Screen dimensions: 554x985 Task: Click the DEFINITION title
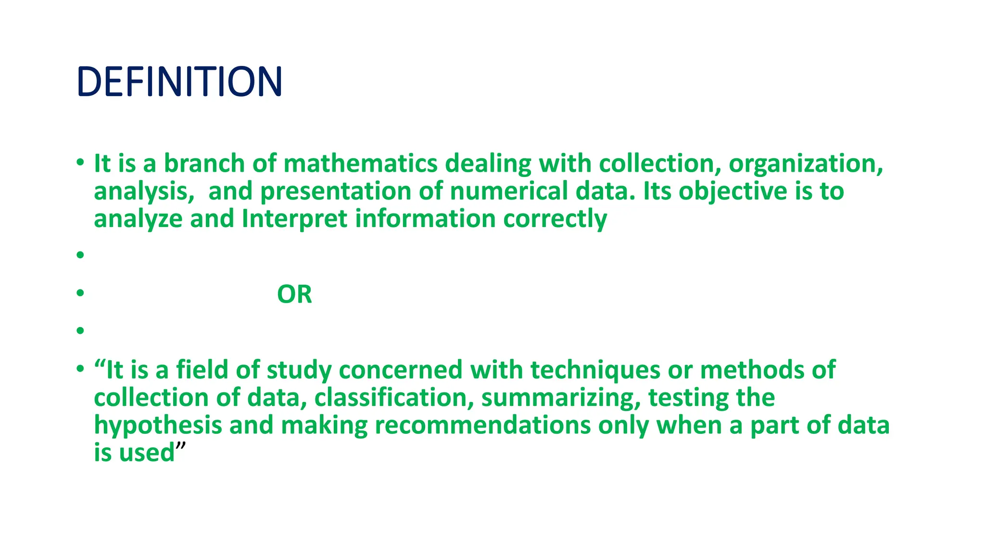pyautogui.click(x=179, y=81)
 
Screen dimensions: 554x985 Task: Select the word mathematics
pyautogui.click(x=360, y=164)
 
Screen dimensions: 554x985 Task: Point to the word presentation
pyautogui.click(x=335, y=191)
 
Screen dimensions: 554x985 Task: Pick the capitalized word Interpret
pyautogui.click(x=294, y=219)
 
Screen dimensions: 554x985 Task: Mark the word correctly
pyautogui.click(x=555, y=219)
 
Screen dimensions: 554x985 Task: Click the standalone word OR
pyautogui.click(x=294, y=294)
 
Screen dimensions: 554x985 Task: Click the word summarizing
pyautogui.click(x=561, y=398)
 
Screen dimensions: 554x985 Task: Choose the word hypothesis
pyautogui.click(x=157, y=426)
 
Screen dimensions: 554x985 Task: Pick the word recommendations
pyautogui.click(x=482, y=426)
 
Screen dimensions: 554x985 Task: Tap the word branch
pyautogui.click(x=204, y=164)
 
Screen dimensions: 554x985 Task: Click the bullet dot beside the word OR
pyautogui.click(x=80, y=292)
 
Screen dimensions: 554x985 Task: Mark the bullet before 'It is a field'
pyautogui.click(x=80, y=368)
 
